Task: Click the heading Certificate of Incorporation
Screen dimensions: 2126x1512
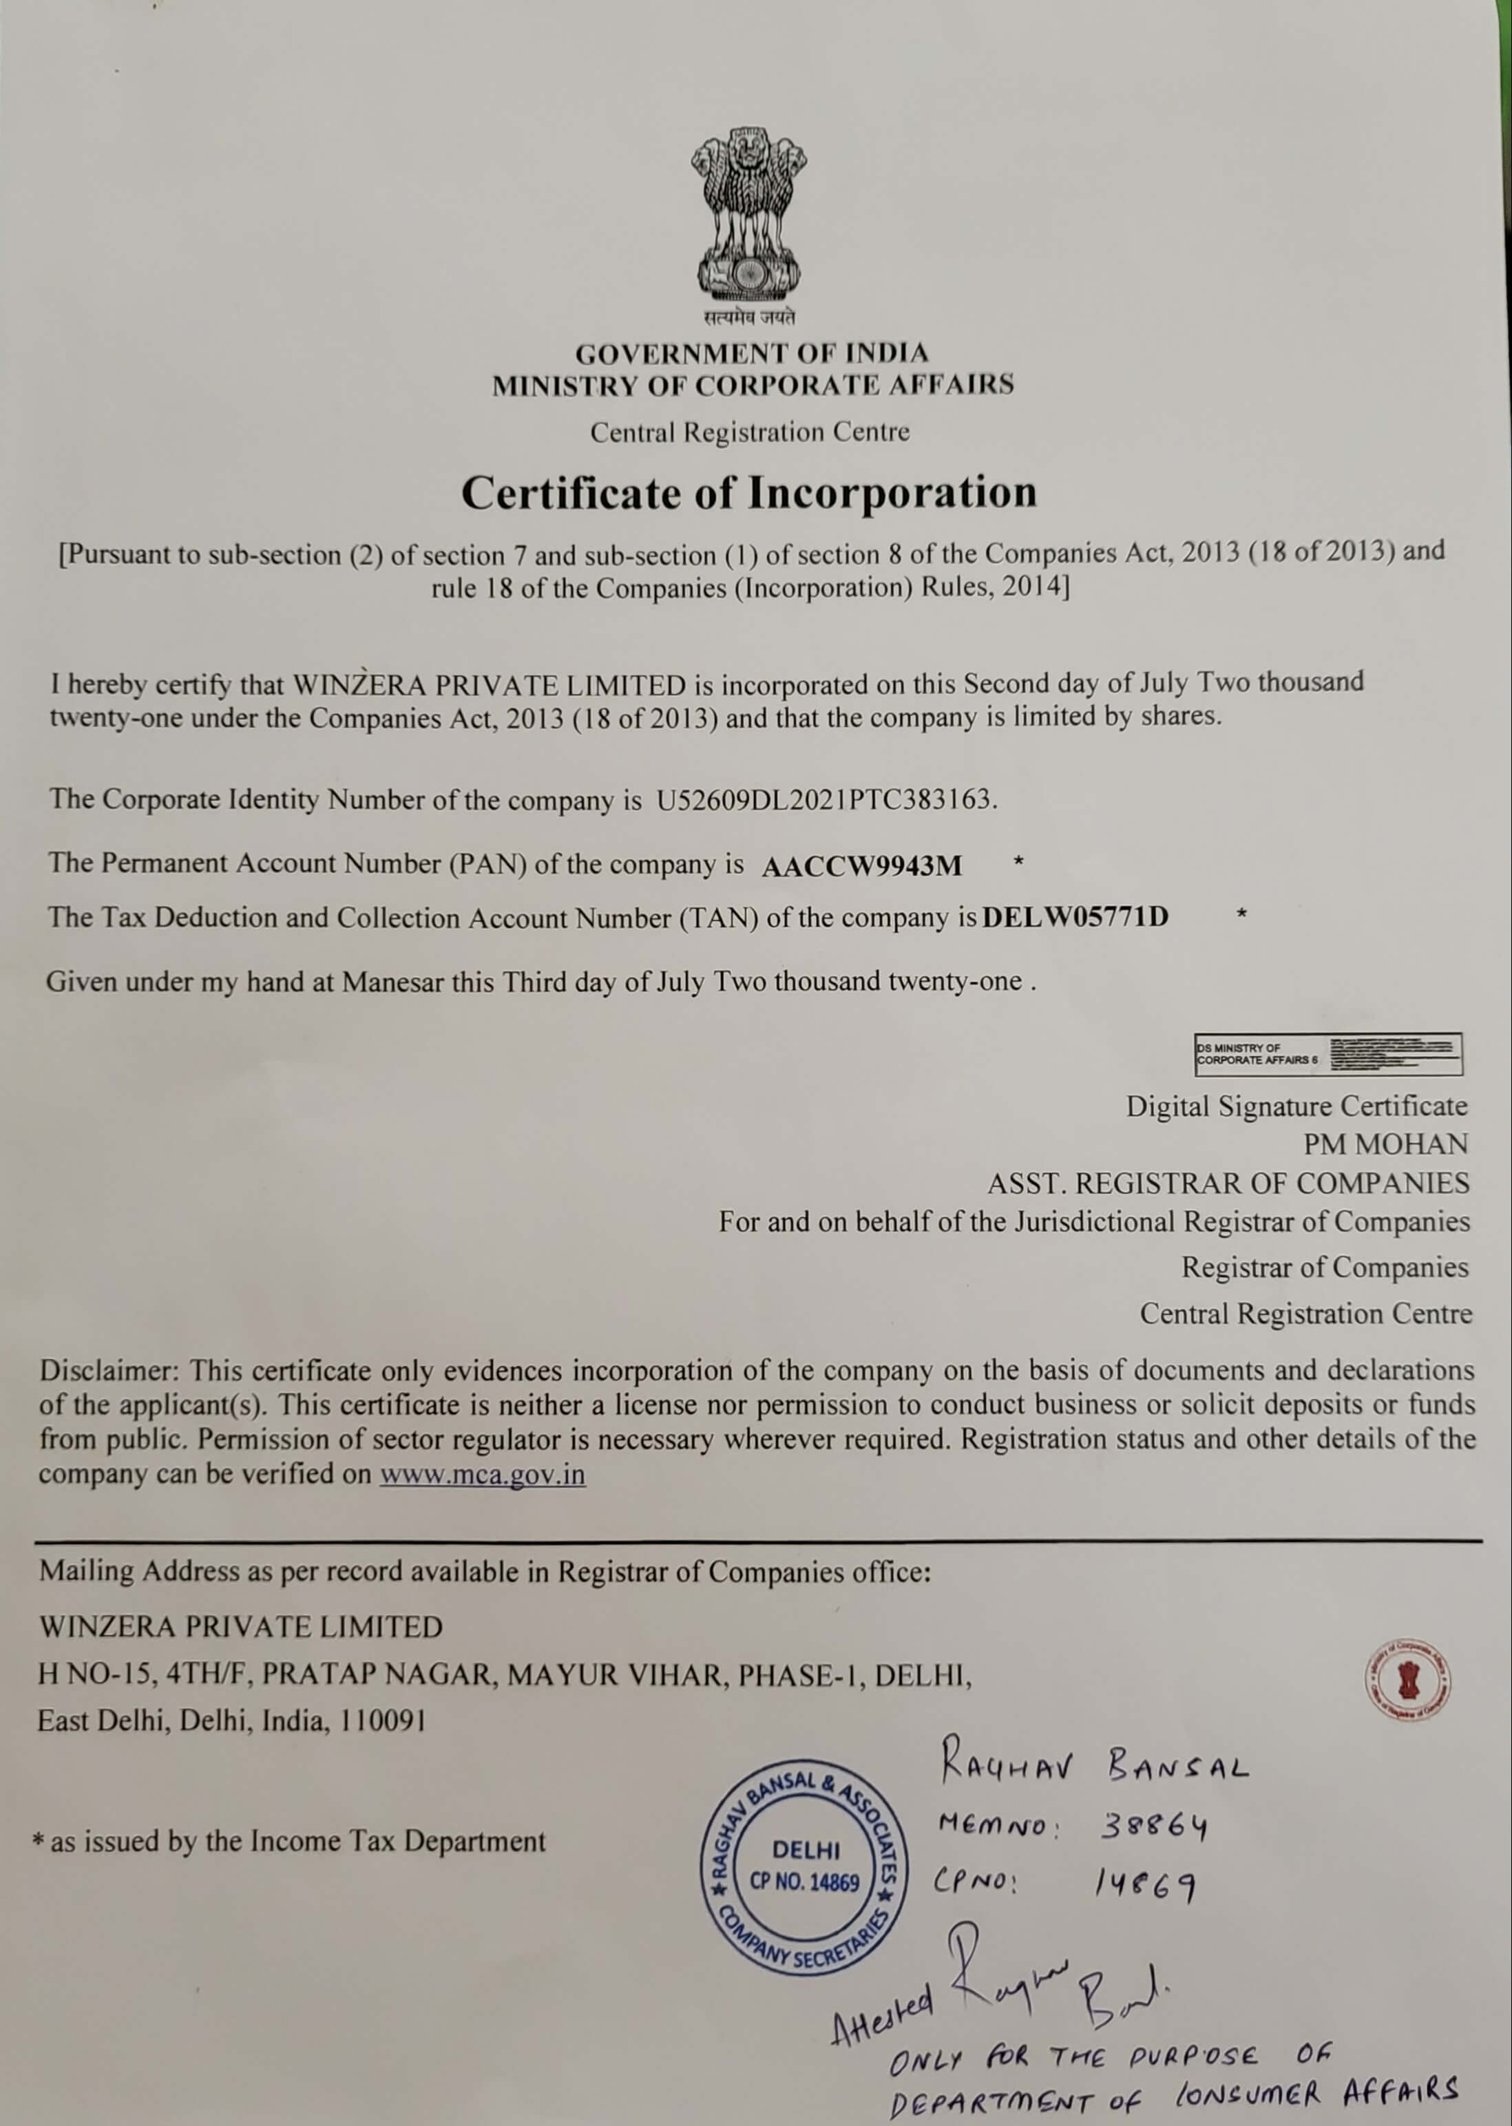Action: point(748,492)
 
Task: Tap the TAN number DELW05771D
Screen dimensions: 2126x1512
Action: point(1075,918)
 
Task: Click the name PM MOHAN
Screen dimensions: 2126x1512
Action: point(1385,1144)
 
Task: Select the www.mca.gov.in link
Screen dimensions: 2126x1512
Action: point(482,1475)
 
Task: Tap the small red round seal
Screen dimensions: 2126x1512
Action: point(1407,1680)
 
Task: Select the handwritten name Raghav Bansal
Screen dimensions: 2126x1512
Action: point(1094,1765)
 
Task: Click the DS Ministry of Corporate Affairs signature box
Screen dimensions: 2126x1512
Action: point(1327,1055)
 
